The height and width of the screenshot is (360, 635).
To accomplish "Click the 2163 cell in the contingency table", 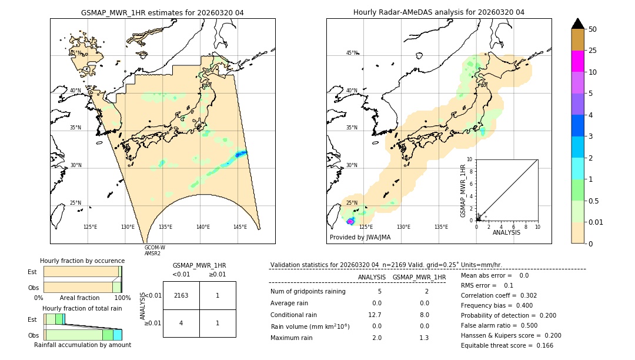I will (x=181, y=295).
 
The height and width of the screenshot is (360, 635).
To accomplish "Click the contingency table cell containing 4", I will (x=181, y=323).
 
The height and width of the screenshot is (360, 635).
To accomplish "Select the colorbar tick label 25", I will (x=593, y=51).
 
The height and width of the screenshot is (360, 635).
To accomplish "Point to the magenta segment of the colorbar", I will (x=578, y=61).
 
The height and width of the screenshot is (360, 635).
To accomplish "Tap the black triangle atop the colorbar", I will (x=578, y=24).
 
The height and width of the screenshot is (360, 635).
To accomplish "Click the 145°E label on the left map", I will (x=240, y=226).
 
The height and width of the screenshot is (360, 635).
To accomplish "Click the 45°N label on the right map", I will (x=352, y=53).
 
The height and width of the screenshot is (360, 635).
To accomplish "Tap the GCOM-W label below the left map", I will (x=155, y=248).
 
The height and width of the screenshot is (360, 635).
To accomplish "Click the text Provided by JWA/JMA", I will (x=360, y=237).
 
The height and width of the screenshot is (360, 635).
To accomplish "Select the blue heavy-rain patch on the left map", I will (x=240, y=154).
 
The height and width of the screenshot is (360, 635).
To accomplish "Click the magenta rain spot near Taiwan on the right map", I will (x=350, y=221).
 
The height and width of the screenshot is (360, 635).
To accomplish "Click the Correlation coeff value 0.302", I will (x=525, y=295).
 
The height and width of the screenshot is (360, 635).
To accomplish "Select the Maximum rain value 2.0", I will (x=376, y=338).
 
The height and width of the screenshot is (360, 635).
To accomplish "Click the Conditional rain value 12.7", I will (x=376, y=315).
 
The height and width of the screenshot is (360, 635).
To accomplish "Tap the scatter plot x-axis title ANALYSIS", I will (x=507, y=232).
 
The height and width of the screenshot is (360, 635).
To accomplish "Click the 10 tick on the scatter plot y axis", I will (x=469, y=159).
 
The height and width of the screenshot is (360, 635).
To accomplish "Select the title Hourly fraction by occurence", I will (x=82, y=261).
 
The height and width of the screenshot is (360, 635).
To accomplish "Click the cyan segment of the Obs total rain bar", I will (x=118, y=335).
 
